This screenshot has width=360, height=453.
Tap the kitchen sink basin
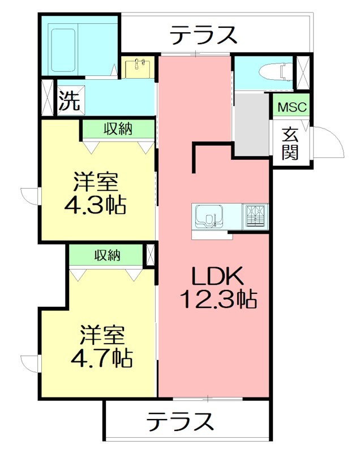(x=207, y=216)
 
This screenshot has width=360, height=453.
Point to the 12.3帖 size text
(x=218, y=298)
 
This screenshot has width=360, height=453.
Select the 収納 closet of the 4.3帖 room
(x=118, y=129)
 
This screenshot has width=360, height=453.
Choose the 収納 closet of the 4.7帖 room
(x=107, y=255)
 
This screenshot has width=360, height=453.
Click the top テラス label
(x=204, y=36)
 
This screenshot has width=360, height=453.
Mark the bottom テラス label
(x=181, y=421)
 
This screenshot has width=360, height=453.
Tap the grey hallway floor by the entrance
(x=251, y=124)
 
